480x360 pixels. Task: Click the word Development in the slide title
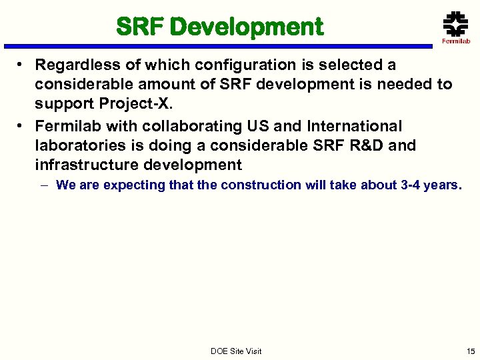(247, 27)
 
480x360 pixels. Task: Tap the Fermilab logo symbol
(455, 25)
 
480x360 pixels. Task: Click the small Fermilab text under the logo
(456, 41)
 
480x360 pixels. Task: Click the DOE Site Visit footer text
(236, 351)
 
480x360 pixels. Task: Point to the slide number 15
(471, 351)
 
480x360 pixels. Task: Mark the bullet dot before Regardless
(21, 65)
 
